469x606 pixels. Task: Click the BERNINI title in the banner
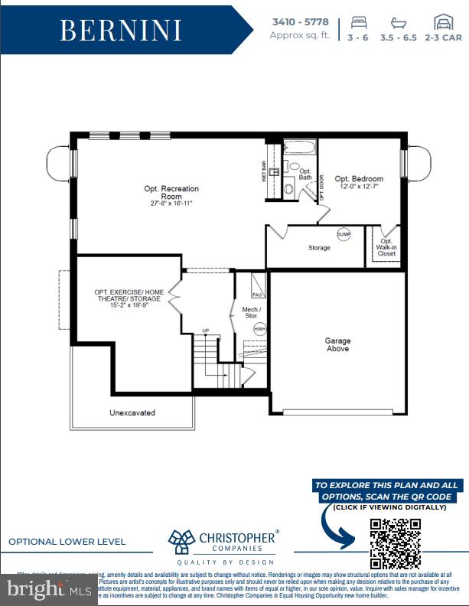point(121,30)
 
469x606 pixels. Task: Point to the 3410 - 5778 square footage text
point(301,22)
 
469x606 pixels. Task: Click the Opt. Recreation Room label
point(171,192)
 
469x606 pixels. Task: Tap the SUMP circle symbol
point(344,235)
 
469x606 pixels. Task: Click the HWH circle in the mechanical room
point(259,328)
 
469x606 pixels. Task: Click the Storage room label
point(319,248)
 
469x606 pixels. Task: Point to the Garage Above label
point(337,344)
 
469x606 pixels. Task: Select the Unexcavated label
point(132,412)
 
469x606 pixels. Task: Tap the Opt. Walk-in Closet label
point(386,247)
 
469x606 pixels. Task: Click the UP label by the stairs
point(205,331)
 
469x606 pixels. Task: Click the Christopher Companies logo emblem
point(183,541)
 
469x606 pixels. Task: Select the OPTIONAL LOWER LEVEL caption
point(67,542)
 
